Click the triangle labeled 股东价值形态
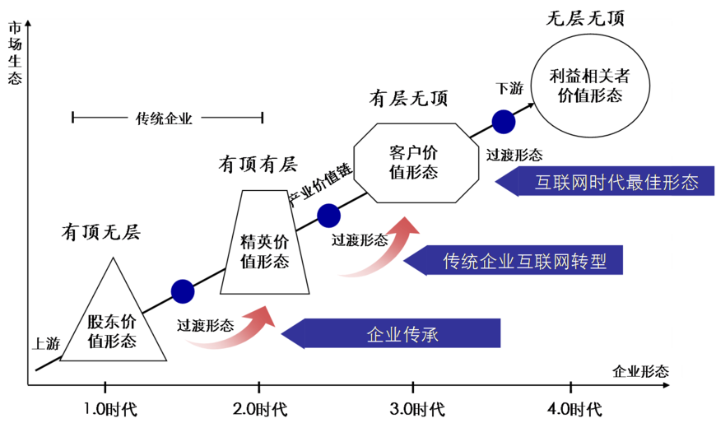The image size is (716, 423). pyautogui.click(x=114, y=320)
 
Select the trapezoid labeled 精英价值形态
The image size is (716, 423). pyautogui.click(x=265, y=243)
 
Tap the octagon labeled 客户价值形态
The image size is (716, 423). pyautogui.click(x=416, y=163)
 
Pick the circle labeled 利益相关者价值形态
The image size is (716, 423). pyautogui.click(x=590, y=85)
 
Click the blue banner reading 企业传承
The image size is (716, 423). pyautogui.click(x=391, y=334)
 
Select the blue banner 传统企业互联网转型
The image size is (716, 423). pyautogui.click(x=514, y=260)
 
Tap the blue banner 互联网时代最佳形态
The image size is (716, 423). pyautogui.click(x=605, y=181)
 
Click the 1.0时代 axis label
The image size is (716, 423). pyautogui.click(x=110, y=409)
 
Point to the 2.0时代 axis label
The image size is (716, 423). pyautogui.click(x=260, y=409)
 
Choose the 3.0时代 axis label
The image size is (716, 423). pyautogui.click(x=417, y=409)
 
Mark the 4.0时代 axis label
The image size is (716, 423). pyautogui.click(x=575, y=409)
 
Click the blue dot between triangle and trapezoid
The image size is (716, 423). pyautogui.click(x=183, y=291)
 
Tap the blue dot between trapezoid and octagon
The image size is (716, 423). pyautogui.click(x=328, y=216)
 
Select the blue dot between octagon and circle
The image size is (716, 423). pyautogui.click(x=504, y=122)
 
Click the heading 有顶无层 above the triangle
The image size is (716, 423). pyautogui.click(x=101, y=233)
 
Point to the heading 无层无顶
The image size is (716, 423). pyautogui.click(x=585, y=19)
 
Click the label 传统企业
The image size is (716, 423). pyautogui.click(x=164, y=119)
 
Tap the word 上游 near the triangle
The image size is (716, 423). pyautogui.click(x=46, y=343)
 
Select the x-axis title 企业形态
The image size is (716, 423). pyautogui.click(x=640, y=371)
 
